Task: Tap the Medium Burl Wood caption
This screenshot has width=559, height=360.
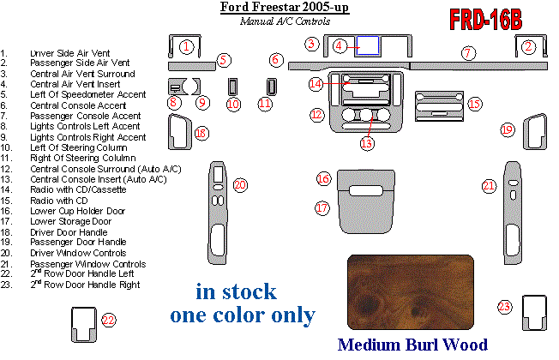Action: (412, 345)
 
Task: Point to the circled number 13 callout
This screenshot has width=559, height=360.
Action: (367, 143)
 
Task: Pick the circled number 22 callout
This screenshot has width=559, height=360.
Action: (107, 320)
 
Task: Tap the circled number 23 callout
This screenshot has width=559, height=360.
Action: (505, 306)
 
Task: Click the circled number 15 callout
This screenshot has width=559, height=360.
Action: (474, 103)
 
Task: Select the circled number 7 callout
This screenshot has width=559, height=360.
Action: (467, 53)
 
